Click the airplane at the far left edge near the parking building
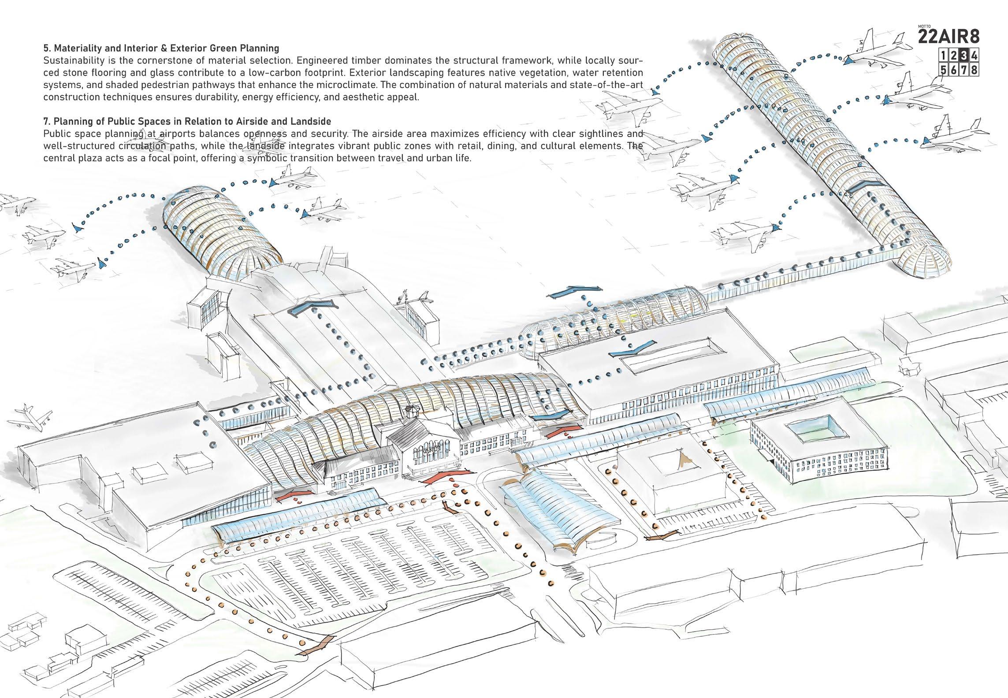pyautogui.click(x=33, y=417)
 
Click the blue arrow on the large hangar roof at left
pyautogui.click(x=309, y=306)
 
